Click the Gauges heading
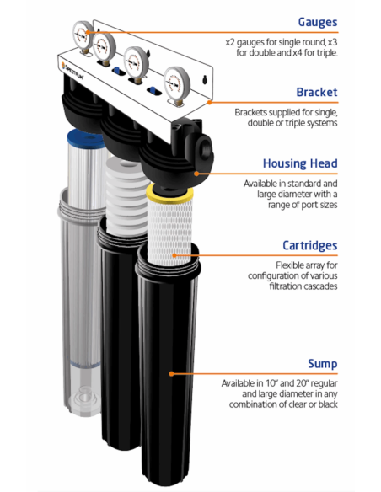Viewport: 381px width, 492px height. pos(318,22)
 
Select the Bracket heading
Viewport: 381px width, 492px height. pos(317,93)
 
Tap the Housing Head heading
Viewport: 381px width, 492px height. pos(300,163)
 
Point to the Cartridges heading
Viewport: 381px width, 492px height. pos(309,245)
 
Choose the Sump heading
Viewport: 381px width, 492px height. pos(323,364)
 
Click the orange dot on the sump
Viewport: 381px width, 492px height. pos(171,373)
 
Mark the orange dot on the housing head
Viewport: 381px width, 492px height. pos(196,174)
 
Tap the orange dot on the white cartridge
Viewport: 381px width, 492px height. pos(174,255)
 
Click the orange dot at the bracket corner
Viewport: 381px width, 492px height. pos(210,102)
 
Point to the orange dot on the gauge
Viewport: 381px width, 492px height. pos(88,32)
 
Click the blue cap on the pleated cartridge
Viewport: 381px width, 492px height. pos(85,138)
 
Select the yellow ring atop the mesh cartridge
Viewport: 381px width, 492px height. pos(169,194)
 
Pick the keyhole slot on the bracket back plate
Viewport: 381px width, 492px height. pos(205,79)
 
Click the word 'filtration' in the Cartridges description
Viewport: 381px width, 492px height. pos(284,286)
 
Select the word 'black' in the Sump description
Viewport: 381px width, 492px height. pos(328,404)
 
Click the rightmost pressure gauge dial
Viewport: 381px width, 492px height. pos(177,83)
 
